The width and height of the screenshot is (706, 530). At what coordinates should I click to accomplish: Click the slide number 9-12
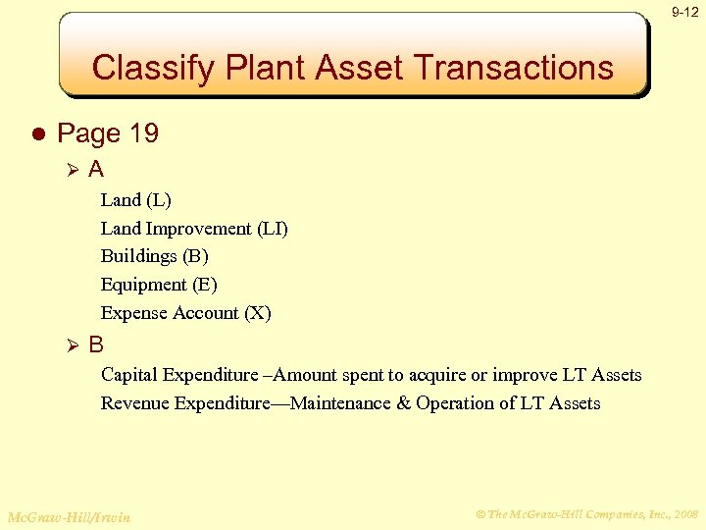pos(684,12)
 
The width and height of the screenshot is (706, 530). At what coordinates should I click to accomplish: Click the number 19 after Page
pos(142,133)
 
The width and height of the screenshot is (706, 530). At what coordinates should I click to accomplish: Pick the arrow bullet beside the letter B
pos(70,345)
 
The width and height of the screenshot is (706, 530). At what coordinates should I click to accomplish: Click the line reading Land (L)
pos(135,200)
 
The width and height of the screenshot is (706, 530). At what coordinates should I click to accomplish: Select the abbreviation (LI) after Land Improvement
pos(272,229)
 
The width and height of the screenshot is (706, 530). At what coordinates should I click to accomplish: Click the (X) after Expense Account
pos(257,313)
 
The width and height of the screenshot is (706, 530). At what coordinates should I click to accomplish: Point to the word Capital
pos(131,375)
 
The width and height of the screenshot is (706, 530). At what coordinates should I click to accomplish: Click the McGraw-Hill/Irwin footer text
pos(69,516)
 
